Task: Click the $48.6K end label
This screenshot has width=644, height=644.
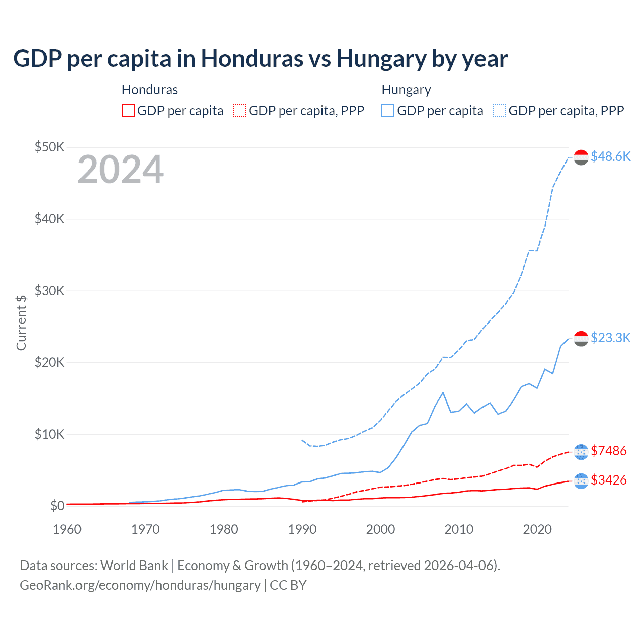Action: (610, 156)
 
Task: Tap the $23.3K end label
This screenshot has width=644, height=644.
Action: (610, 338)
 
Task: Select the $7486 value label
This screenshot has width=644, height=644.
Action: (608, 451)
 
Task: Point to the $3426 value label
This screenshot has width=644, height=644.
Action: (608, 480)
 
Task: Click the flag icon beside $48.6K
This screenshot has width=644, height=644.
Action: (581, 157)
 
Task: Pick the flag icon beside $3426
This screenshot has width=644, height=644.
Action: (581, 481)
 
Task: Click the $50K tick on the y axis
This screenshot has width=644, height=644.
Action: (49, 147)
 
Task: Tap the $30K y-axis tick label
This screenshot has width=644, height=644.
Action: (49, 291)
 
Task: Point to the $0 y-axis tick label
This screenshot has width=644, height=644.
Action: (57, 506)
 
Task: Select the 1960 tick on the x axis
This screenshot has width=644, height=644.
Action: (67, 529)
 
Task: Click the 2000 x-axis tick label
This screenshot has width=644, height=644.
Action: (380, 529)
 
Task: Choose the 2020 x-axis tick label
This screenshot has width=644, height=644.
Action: (537, 529)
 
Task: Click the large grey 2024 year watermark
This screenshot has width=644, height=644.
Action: (120, 170)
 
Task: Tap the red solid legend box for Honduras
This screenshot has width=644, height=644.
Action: (128, 111)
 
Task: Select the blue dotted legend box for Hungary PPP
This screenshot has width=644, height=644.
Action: (500, 111)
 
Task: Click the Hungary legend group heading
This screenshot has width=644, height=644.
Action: (406, 90)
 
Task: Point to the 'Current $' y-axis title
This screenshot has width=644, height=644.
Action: (21, 323)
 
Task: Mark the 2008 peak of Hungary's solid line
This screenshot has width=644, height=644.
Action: (443, 392)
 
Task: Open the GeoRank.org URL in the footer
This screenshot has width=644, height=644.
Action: (140, 585)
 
